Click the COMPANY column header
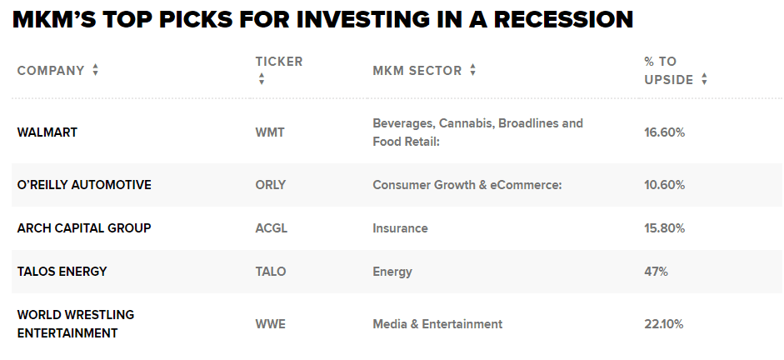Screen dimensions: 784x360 coord(51,71)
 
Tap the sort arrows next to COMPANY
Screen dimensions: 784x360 coord(96,70)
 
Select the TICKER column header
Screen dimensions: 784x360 coord(279,62)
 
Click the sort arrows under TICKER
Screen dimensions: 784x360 coord(261,78)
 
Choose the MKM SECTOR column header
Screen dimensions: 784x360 coord(417,71)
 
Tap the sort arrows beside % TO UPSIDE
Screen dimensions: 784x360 coord(704,79)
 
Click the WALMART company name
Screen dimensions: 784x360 coord(47,132)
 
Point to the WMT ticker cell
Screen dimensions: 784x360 coord(270,132)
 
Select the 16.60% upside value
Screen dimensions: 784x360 coord(665,132)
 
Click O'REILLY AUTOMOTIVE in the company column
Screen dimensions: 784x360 coord(84,185)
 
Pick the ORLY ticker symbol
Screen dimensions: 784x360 coord(271,185)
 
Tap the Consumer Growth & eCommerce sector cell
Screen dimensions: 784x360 coord(467,185)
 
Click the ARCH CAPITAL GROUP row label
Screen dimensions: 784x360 coord(84,228)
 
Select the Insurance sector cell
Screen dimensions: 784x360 coord(401,228)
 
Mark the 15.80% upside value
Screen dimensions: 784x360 coord(665,228)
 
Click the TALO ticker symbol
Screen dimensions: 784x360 coord(271,272)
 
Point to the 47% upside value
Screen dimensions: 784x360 coord(656,272)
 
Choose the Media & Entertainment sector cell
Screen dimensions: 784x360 coord(437,324)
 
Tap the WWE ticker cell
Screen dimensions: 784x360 coord(271,324)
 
